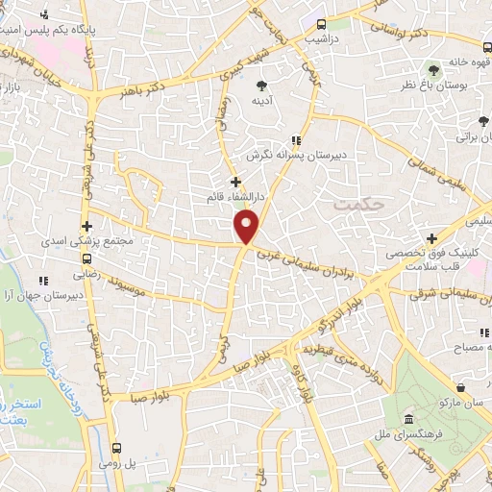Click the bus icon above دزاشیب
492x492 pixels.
tap(321, 25)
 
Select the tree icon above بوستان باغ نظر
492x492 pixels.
tap(433, 70)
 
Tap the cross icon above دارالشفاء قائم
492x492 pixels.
tap(235, 181)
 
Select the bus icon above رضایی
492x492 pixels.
tap(87, 258)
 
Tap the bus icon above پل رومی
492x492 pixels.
tap(117, 448)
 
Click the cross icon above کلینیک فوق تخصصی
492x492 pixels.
tap(432, 238)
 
